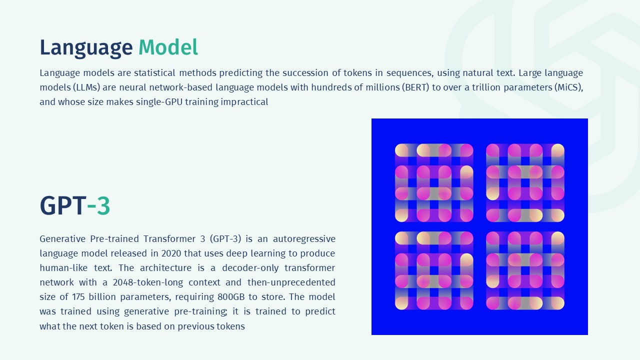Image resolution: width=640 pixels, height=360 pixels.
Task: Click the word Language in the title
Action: [86, 48]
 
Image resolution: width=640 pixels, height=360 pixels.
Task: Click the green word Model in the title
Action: [168, 48]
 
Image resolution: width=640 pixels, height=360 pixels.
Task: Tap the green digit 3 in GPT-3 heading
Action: [103, 205]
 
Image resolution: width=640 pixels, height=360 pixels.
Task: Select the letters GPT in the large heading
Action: [62, 205]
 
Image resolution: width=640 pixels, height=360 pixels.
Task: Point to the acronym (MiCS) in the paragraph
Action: [568, 87]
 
